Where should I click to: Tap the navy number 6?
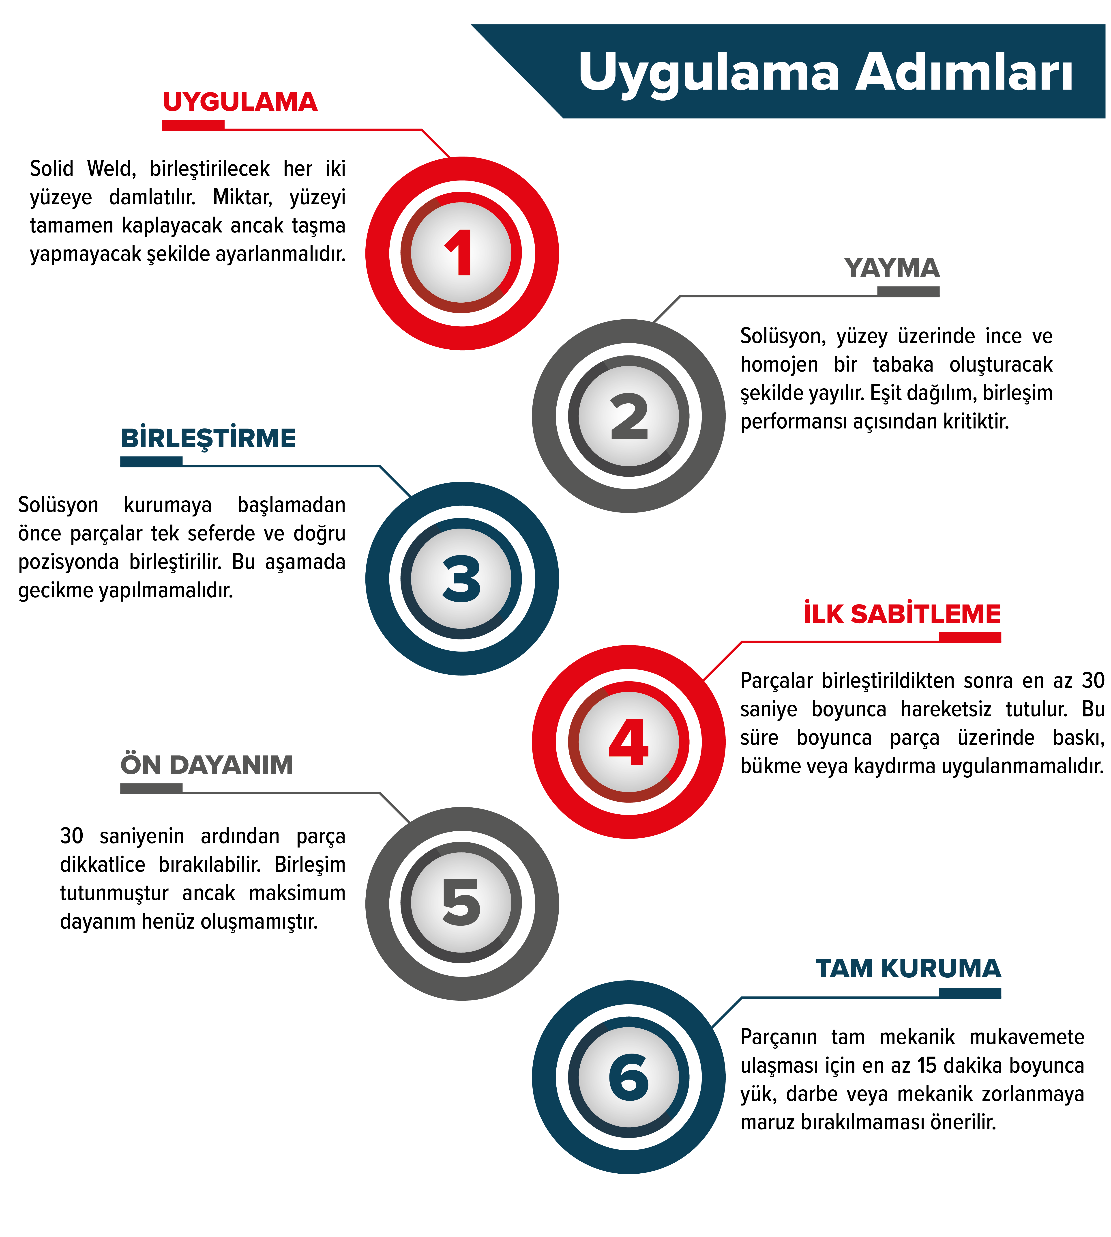tap(629, 1076)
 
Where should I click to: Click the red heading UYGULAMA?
tap(240, 102)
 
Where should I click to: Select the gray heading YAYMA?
tap(892, 268)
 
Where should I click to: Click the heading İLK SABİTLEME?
tap(902, 614)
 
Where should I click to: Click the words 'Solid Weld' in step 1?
tap(82, 168)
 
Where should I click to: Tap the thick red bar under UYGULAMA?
tap(193, 125)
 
